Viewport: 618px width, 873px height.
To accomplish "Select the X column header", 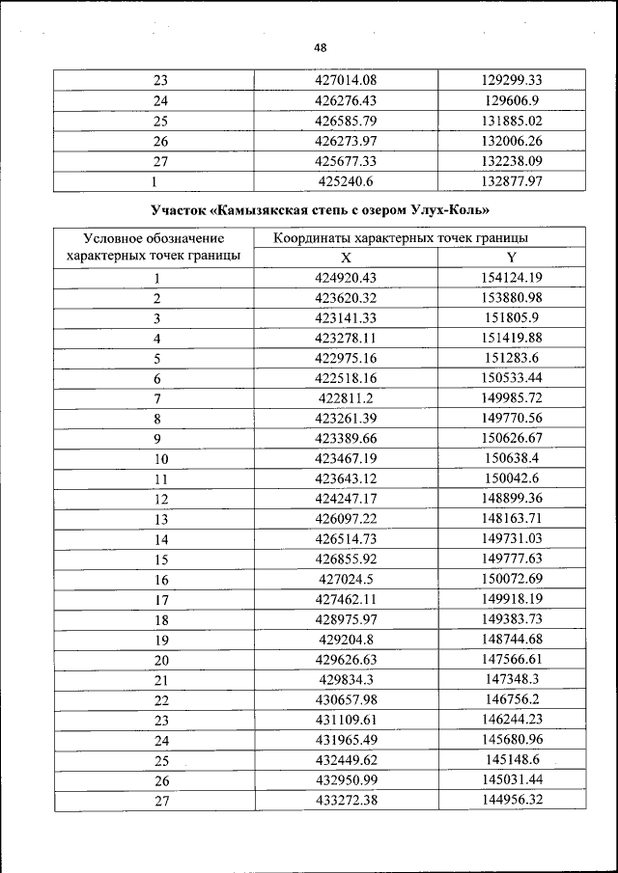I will tap(346, 258).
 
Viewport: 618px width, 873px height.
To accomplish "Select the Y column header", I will tap(511, 258).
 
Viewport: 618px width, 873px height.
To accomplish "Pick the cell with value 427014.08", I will tap(346, 80).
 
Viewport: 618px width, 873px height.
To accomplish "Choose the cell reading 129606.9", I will tap(511, 100).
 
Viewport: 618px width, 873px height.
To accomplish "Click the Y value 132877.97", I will tap(511, 181).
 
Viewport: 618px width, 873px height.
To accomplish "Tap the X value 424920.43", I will tap(346, 278).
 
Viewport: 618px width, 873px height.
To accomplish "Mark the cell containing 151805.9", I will tap(511, 317).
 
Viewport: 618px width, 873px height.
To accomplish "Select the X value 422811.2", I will tap(346, 398).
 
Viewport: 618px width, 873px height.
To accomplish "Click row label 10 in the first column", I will tap(161, 459).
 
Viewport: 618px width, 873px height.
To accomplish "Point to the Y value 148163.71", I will tap(511, 519).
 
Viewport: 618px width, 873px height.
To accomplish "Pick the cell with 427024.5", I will tap(346, 580).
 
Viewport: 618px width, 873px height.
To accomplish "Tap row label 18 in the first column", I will tap(161, 620).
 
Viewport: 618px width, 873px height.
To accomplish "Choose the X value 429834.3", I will tap(346, 680).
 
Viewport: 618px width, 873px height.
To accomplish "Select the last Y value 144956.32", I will tap(511, 801).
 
